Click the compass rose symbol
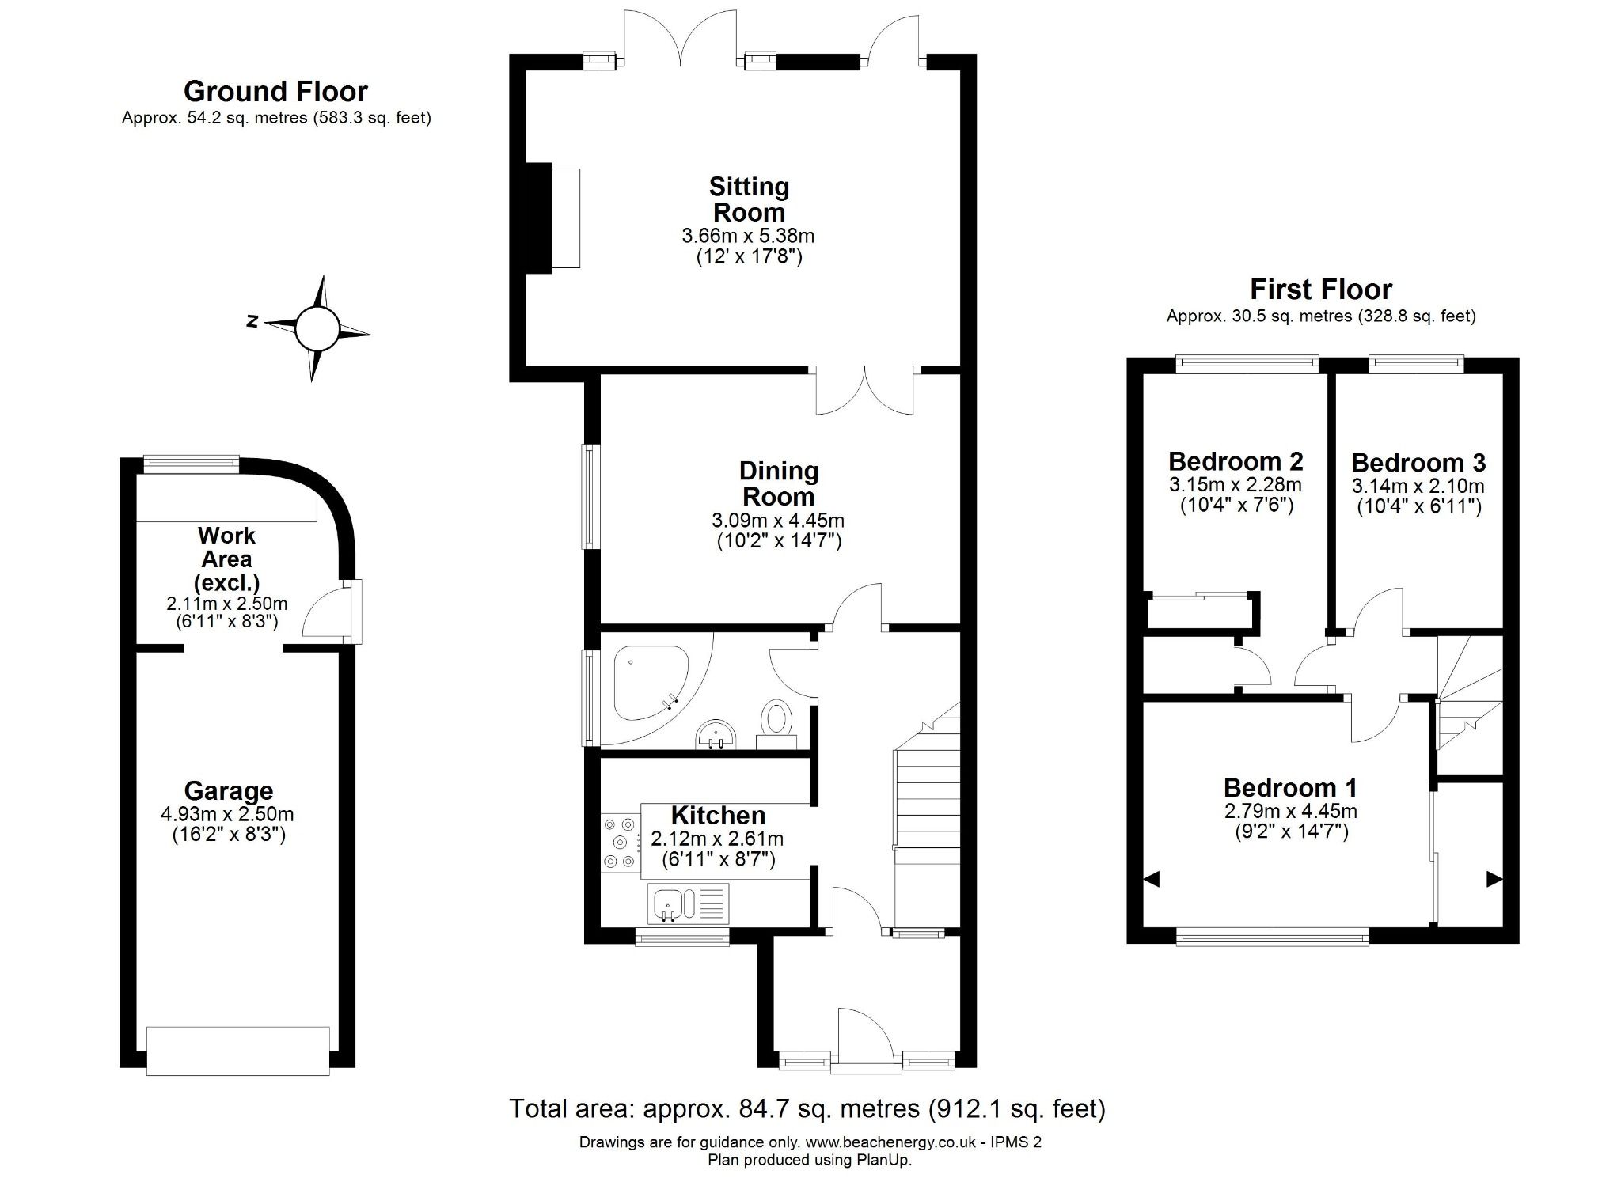(317, 328)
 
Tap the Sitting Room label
(749, 199)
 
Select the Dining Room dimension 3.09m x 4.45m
(778, 521)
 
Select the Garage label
(229, 790)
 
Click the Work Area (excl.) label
(226, 559)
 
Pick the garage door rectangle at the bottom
(238, 1051)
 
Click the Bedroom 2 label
(1235, 460)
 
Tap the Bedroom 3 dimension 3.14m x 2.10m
(1418, 486)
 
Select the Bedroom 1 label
(1290, 787)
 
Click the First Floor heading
(1320, 289)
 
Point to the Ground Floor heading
(275, 92)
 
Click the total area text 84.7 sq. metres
(807, 1108)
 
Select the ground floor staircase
(926, 815)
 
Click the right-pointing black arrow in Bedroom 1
(1494, 879)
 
